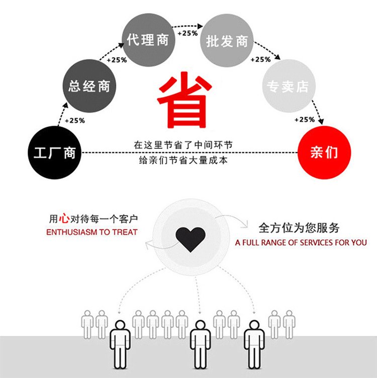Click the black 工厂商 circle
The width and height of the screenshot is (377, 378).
54,153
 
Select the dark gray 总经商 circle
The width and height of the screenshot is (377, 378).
89,86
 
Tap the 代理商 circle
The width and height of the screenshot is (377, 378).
148,40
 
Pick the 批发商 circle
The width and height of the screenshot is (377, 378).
227,40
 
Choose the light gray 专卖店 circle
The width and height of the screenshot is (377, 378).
289,86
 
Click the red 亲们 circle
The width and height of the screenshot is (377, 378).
324,153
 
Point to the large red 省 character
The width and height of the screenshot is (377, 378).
184,100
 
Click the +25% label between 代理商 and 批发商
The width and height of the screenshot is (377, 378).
187,33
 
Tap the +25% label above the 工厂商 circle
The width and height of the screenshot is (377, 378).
75,121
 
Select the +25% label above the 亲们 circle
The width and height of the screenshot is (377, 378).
305,120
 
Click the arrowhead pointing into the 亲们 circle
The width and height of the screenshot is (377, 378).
321,122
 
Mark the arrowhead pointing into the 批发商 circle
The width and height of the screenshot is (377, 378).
200,26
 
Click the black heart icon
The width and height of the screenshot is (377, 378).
191,239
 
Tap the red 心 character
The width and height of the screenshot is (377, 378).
64,219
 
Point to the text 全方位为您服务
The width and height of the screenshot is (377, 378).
299,228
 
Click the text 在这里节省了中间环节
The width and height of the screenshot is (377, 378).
183,145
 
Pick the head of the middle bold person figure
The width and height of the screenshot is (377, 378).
200,325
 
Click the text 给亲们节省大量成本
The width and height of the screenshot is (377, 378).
183,160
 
